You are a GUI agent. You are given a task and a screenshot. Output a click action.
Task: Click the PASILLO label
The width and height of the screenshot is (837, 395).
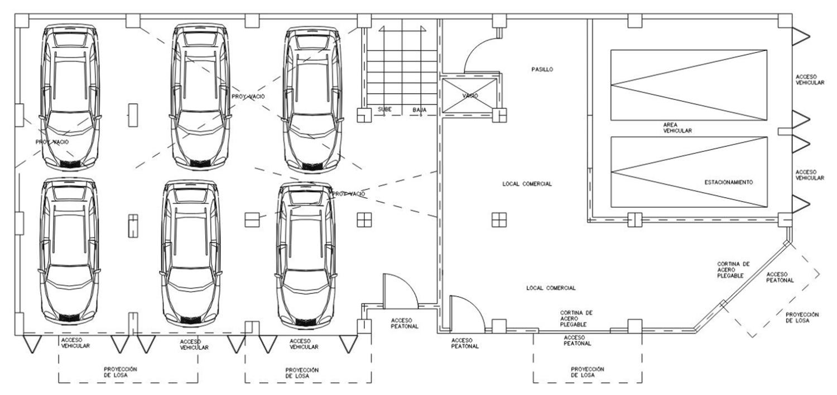[542, 70]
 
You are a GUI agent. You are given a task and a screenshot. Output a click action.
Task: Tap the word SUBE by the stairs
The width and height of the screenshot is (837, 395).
[384, 109]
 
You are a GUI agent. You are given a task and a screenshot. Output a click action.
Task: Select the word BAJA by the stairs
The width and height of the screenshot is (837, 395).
[419, 110]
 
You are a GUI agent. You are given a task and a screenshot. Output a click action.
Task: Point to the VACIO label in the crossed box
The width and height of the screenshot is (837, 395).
[470, 96]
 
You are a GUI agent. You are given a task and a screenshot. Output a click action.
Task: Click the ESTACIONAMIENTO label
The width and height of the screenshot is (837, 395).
[729, 182]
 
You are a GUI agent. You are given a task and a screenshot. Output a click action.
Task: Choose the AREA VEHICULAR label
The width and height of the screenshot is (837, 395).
[677, 127]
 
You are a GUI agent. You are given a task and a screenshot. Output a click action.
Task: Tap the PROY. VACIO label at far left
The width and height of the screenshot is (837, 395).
[52, 142]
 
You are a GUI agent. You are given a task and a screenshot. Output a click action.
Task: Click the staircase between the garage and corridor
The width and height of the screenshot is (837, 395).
[402, 68]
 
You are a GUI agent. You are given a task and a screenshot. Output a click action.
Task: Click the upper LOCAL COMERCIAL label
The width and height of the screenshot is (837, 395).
[527, 184]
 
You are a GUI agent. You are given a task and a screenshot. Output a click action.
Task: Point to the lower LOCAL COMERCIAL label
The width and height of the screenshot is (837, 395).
[551, 288]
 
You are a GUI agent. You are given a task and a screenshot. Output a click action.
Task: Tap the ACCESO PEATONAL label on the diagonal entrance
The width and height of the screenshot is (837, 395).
[780, 277]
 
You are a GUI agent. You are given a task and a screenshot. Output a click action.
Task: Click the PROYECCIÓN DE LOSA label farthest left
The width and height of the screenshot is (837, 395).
[121, 372]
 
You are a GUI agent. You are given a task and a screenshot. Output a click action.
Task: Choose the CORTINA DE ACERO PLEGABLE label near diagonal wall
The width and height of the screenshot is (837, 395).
[733, 270]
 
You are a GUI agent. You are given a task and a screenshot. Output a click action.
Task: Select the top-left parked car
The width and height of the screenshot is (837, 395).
[70, 97]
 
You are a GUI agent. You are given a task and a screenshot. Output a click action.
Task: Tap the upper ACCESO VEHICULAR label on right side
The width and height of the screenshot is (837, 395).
[810, 80]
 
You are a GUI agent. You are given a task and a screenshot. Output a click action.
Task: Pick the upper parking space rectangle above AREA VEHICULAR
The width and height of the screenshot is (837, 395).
[689, 85]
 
